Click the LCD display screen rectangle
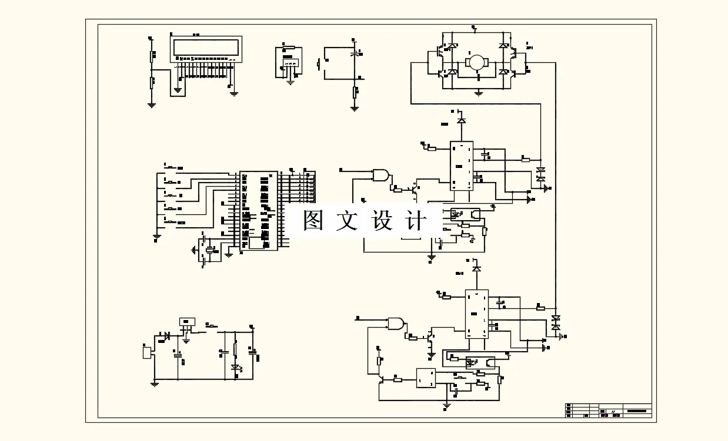(206, 47)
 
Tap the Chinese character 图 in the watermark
(315, 220)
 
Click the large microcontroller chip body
(259, 211)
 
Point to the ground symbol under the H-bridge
(479, 93)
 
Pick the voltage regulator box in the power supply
(187, 322)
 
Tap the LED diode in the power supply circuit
(236, 368)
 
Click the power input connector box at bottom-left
(146, 352)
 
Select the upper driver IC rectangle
(462, 166)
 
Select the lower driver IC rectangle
(476, 314)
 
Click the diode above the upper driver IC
(462, 120)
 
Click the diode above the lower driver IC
(476, 268)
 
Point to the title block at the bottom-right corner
(609, 409)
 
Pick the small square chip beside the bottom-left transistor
(425, 378)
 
